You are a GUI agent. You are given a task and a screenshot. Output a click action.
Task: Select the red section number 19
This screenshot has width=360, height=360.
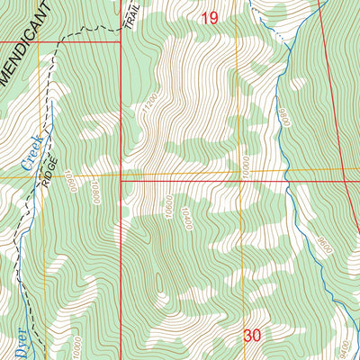210,17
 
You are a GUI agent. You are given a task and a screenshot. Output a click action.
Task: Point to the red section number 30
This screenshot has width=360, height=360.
253,335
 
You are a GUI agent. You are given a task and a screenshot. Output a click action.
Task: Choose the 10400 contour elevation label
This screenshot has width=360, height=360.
186,215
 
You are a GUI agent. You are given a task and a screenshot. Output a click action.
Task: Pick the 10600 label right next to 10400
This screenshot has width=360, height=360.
167,209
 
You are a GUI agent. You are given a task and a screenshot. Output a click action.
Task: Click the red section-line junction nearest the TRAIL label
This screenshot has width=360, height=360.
121,41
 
